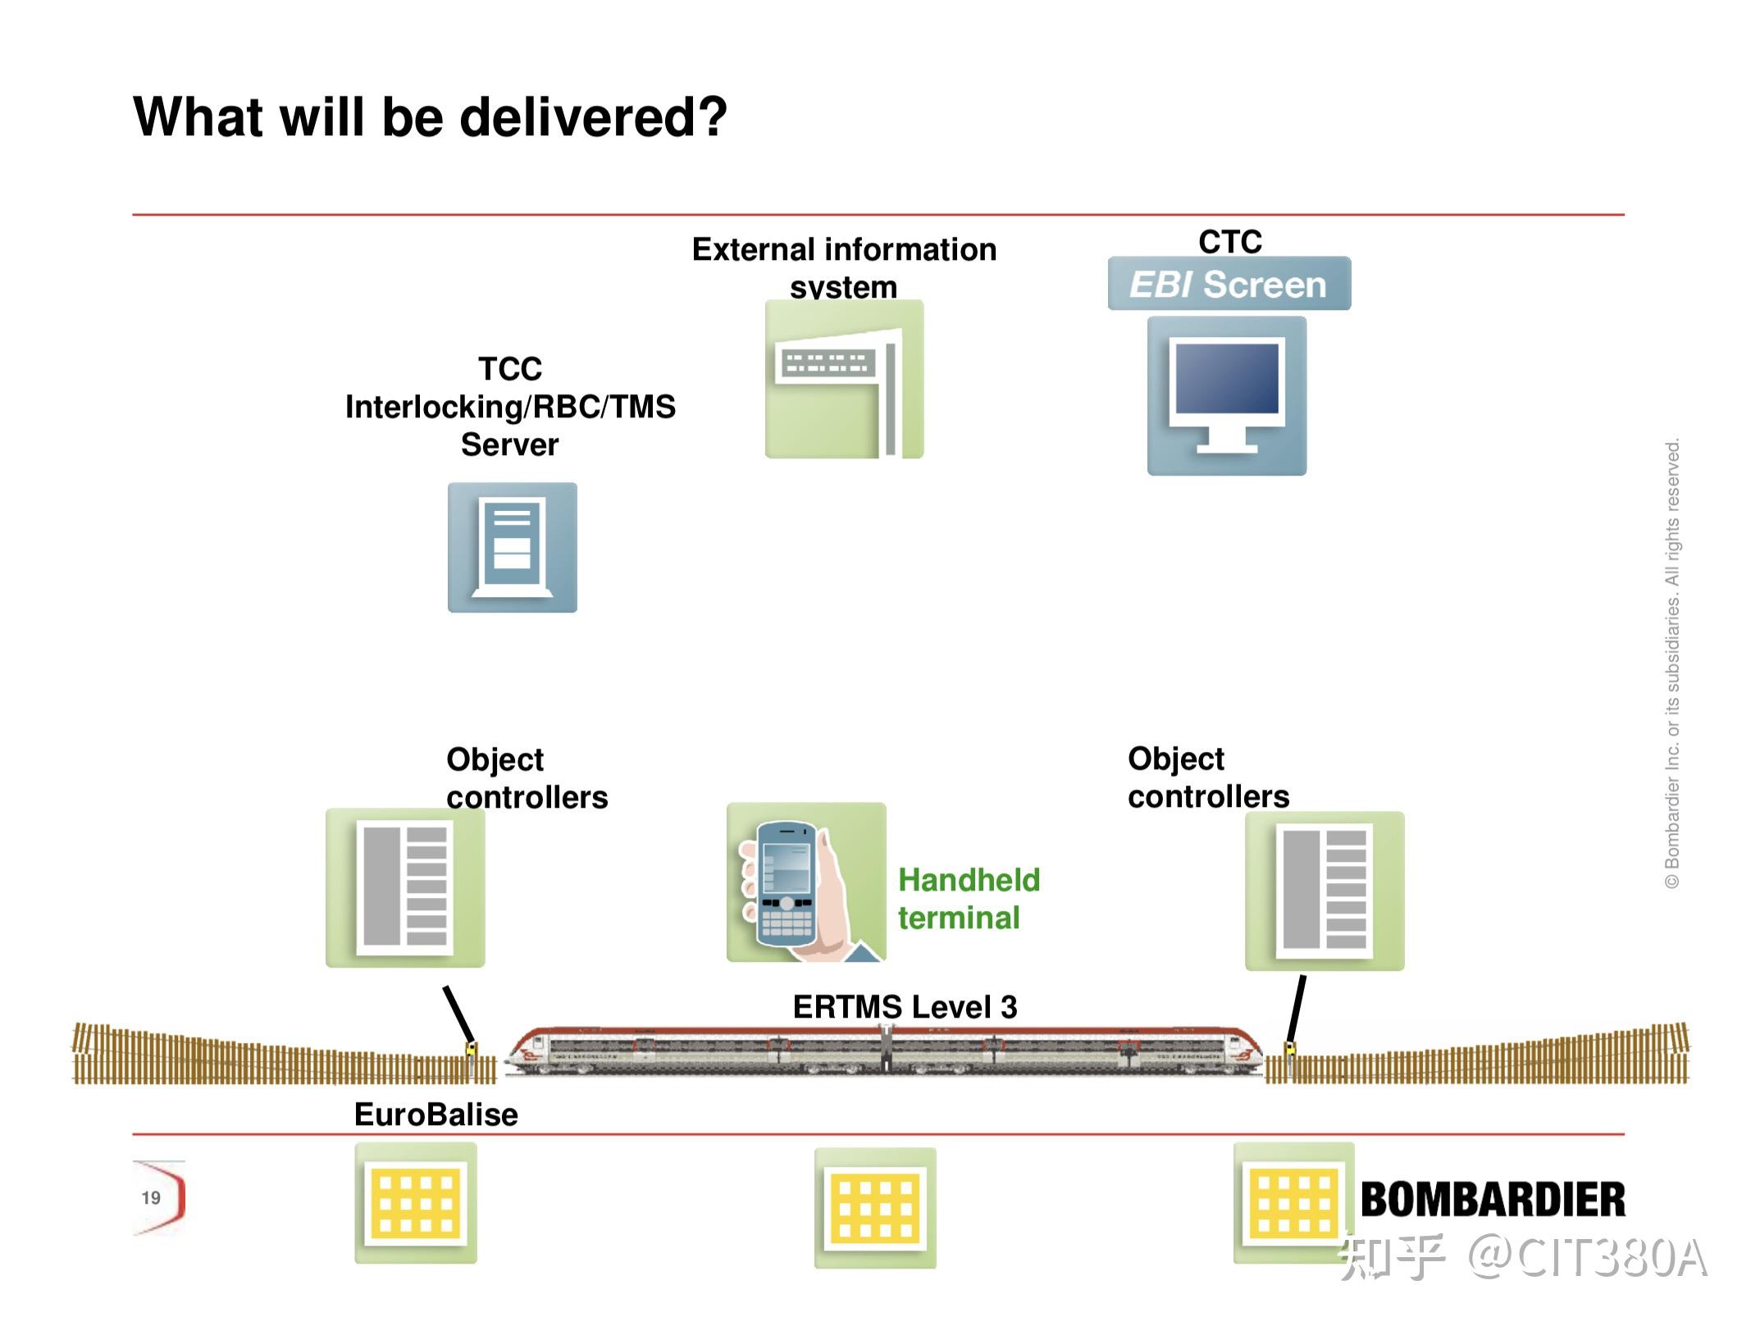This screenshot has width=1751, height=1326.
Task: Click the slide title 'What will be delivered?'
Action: point(430,117)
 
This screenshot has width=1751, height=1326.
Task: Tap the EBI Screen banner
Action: point(1229,284)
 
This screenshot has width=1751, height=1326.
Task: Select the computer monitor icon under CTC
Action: point(1226,396)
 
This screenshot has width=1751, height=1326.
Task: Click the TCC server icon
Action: point(513,547)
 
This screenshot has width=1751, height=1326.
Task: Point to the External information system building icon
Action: point(844,379)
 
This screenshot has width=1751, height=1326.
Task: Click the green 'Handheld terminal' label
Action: point(969,899)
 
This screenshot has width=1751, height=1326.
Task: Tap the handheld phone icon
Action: point(806,882)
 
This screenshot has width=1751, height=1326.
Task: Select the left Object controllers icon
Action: point(405,888)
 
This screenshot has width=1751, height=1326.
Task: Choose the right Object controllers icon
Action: point(1325,891)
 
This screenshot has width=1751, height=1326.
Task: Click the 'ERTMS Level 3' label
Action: point(905,1007)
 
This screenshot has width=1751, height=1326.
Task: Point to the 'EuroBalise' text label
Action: point(436,1114)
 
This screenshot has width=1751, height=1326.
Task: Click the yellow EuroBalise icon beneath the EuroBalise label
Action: point(416,1203)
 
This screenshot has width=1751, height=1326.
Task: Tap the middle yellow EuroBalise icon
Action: point(875,1208)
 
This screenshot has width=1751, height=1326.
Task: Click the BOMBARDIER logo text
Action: point(1493,1200)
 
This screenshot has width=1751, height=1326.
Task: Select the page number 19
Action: point(151,1198)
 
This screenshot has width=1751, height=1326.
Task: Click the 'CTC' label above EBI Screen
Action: point(1230,242)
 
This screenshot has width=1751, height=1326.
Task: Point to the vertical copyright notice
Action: point(1672,663)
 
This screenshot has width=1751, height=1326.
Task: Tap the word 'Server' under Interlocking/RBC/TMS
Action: point(509,444)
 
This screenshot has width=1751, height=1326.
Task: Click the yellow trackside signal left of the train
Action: point(472,1050)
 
